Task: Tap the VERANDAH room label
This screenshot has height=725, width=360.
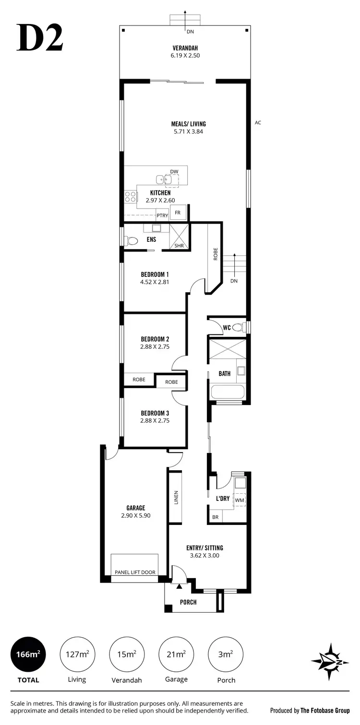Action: tap(185, 48)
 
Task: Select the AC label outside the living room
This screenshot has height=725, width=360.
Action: tap(258, 123)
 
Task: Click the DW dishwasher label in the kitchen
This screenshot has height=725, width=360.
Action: tap(174, 171)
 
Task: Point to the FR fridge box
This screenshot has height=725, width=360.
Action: tap(178, 212)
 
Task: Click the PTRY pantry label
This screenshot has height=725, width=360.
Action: tap(162, 215)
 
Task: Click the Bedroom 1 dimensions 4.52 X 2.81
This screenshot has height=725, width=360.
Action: tap(155, 282)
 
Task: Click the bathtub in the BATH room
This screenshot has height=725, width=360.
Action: tap(228, 391)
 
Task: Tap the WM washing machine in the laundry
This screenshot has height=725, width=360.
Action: tap(239, 500)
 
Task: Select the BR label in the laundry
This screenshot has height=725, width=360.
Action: tap(216, 517)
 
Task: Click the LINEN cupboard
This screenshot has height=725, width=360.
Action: tap(175, 497)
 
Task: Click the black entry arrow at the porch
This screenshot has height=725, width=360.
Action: tap(180, 586)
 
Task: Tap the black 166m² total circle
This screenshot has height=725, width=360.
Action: tap(28, 654)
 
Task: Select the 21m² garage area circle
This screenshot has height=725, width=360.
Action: tap(176, 654)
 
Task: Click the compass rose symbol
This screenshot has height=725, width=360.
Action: tap(329, 662)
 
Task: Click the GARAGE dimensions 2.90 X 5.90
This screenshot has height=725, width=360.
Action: tap(135, 515)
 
